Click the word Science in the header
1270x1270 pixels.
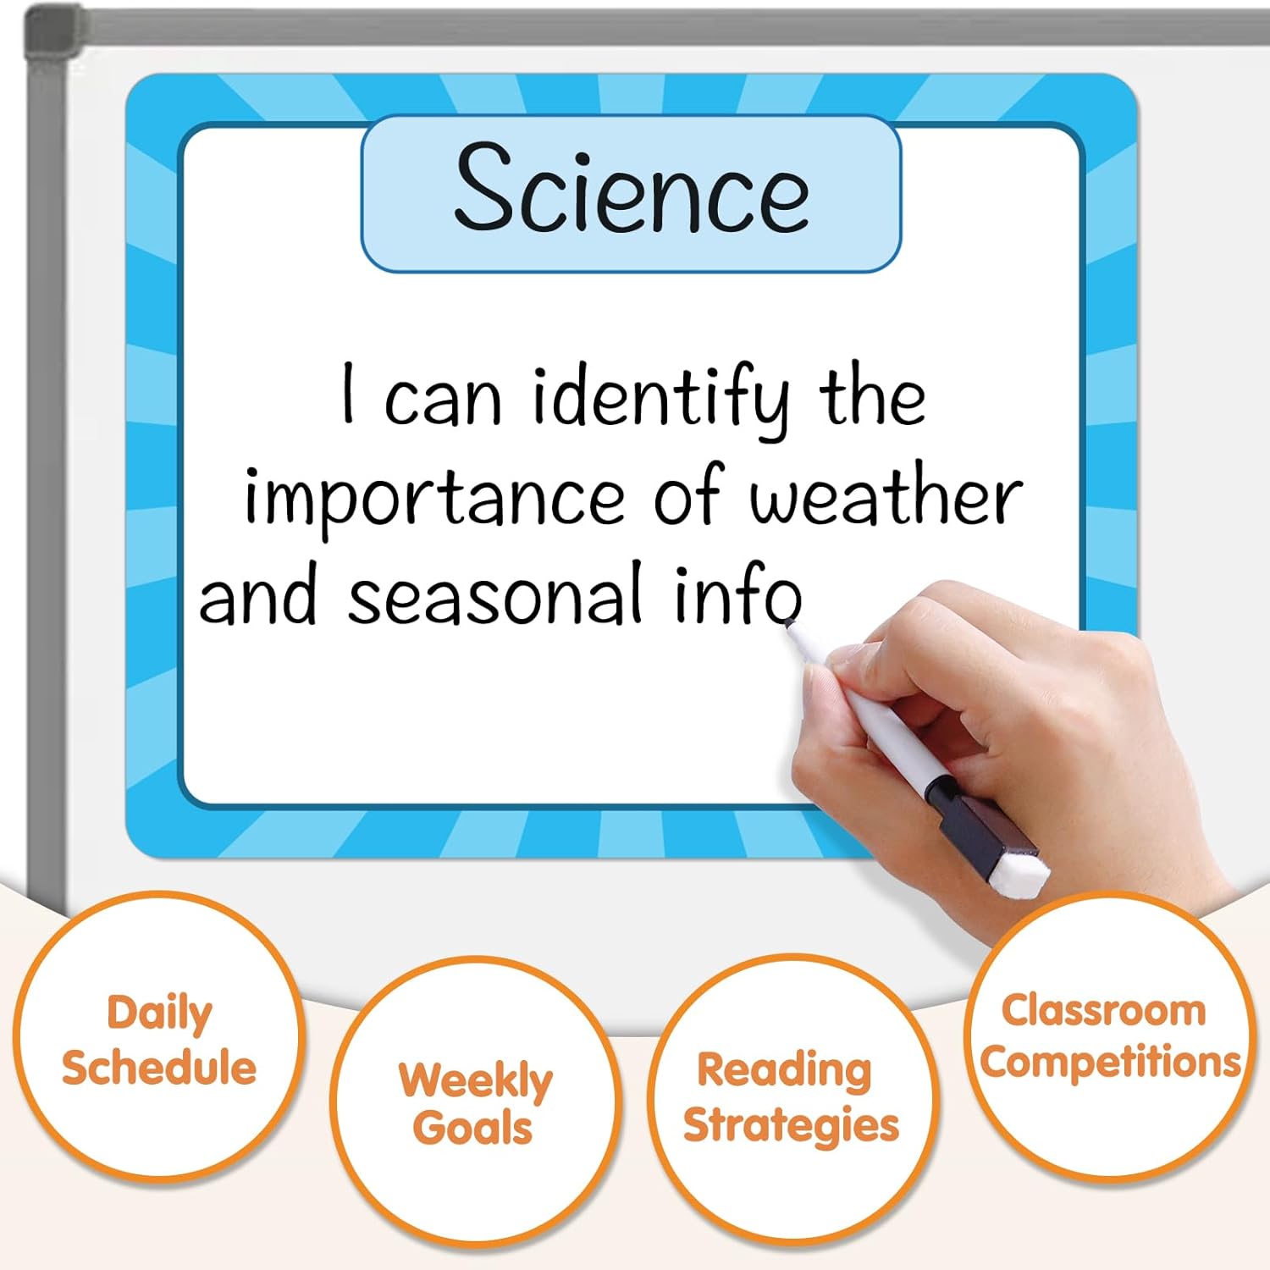pos(632,188)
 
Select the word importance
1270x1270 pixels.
pos(434,500)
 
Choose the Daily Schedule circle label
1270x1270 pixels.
pos(159,1040)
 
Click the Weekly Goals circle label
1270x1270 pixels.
pos(475,1104)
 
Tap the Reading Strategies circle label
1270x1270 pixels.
pos(791,1098)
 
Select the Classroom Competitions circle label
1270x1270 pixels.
pos(1110,1036)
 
